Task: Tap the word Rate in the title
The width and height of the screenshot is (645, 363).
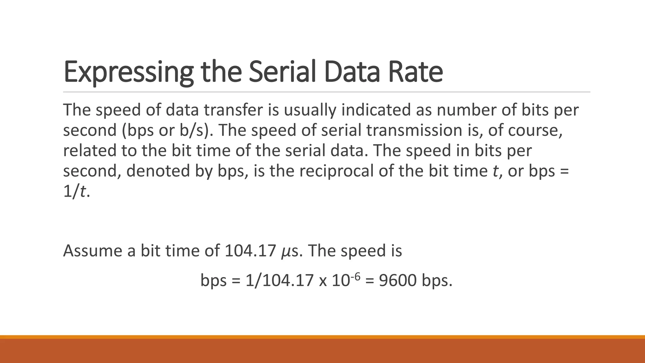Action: click(x=415, y=72)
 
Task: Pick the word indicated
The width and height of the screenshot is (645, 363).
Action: click(x=376, y=110)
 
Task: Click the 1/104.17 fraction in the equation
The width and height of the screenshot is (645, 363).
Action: click(x=280, y=280)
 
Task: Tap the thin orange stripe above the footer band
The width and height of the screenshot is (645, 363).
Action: click(x=322, y=337)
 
